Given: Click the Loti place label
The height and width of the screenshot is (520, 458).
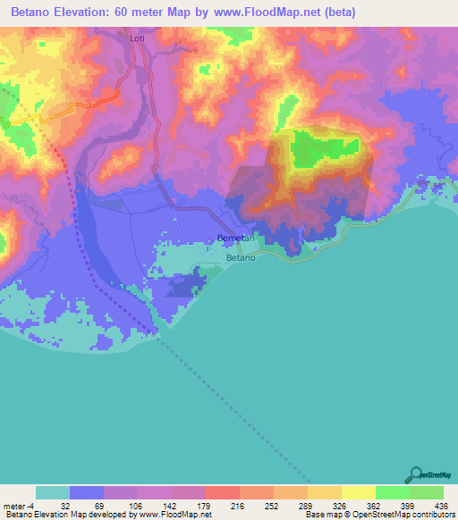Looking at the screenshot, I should coord(137,39).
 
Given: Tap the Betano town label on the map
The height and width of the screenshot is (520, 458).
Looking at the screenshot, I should coord(241,257).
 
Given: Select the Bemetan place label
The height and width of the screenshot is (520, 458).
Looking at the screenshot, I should coord(237,239).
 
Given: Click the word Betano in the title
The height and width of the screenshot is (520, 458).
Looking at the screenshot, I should coord(31,12).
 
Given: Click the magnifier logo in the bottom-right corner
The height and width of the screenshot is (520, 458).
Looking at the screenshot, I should coord(417,474).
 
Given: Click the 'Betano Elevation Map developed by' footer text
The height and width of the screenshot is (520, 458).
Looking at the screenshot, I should coord(67,515).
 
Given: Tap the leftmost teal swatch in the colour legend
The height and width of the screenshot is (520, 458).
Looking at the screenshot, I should coord(53,492).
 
